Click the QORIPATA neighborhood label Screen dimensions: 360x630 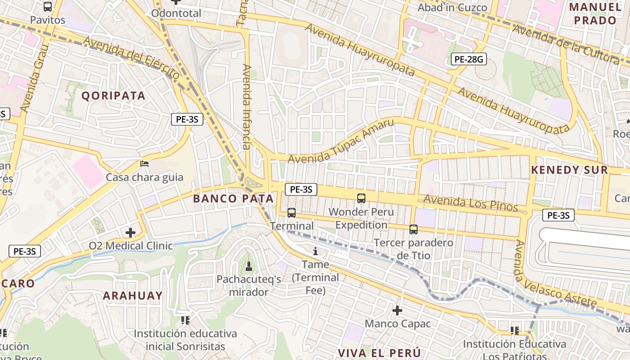[113, 95]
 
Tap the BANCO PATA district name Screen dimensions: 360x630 [233, 198]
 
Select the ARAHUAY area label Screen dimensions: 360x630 [133, 296]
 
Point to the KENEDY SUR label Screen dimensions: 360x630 [569, 170]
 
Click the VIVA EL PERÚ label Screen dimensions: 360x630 [379, 352]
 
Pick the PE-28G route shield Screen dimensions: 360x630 [468, 59]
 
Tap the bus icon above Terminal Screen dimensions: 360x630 [292, 213]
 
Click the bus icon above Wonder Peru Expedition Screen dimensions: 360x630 [361, 198]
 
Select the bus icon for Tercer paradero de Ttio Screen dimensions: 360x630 [414, 229]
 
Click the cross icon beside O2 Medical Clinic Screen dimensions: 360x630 [130, 233]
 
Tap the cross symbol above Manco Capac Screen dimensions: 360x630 [397, 310]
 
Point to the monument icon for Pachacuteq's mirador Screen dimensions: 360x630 [248, 266]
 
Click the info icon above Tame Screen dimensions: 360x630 [315, 251]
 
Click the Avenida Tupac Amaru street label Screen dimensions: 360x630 [341, 141]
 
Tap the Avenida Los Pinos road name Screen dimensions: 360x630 [470, 203]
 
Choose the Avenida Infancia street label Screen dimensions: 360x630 [247, 107]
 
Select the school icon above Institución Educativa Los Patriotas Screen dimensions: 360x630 [515, 331]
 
